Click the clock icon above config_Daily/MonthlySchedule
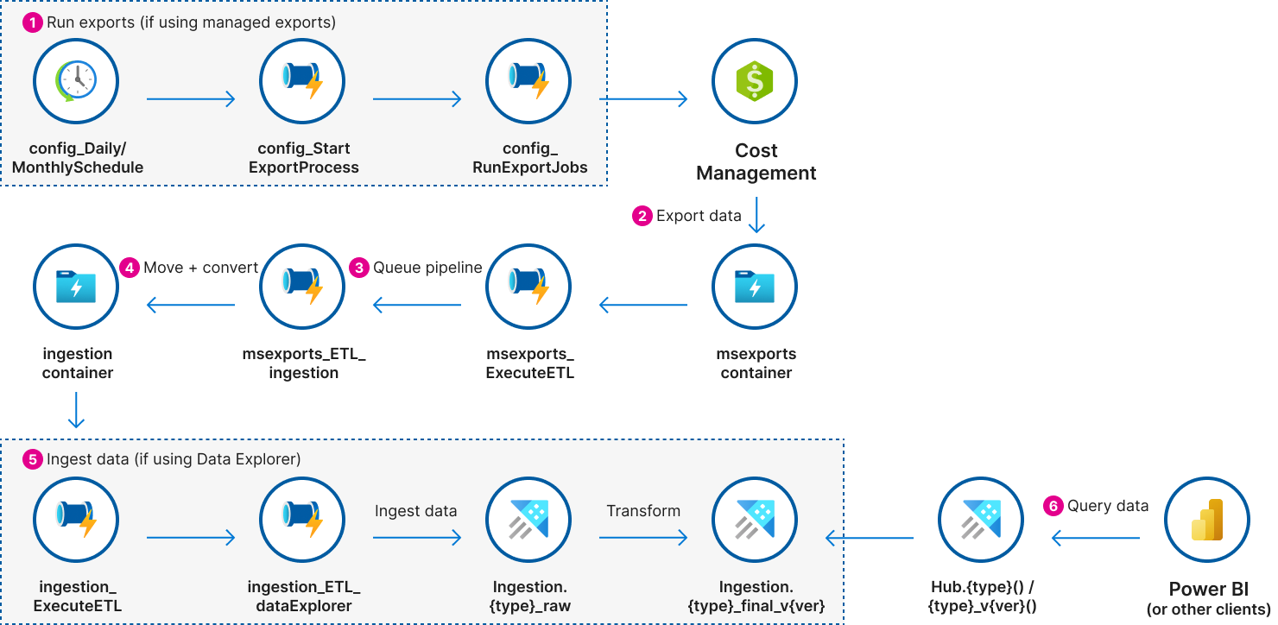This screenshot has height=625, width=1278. (76, 82)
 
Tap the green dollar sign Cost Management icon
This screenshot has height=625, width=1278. (755, 82)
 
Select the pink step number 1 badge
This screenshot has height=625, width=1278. (32, 23)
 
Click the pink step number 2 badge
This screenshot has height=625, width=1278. (642, 216)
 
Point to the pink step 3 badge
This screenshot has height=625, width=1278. (359, 268)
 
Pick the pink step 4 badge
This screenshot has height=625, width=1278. (130, 268)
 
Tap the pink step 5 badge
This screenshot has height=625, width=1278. (32, 460)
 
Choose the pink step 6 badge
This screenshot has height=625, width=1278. (1053, 506)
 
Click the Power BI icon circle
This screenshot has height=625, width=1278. (1207, 520)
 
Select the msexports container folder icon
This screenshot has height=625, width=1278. (755, 287)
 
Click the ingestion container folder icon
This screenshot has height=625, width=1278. (76, 287)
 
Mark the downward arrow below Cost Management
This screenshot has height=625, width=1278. (756, 216)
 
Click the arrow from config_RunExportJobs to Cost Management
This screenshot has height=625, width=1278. (642, 99)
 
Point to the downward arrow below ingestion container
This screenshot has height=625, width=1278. (76, 410)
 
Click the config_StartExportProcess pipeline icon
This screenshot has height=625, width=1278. (302, 82)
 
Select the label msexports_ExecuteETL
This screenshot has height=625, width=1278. (529, 363)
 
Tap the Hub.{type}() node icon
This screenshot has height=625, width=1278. (981, 520)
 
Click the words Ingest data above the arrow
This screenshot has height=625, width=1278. (415, 511)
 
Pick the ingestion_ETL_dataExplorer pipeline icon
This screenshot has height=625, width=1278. (302, 520)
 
